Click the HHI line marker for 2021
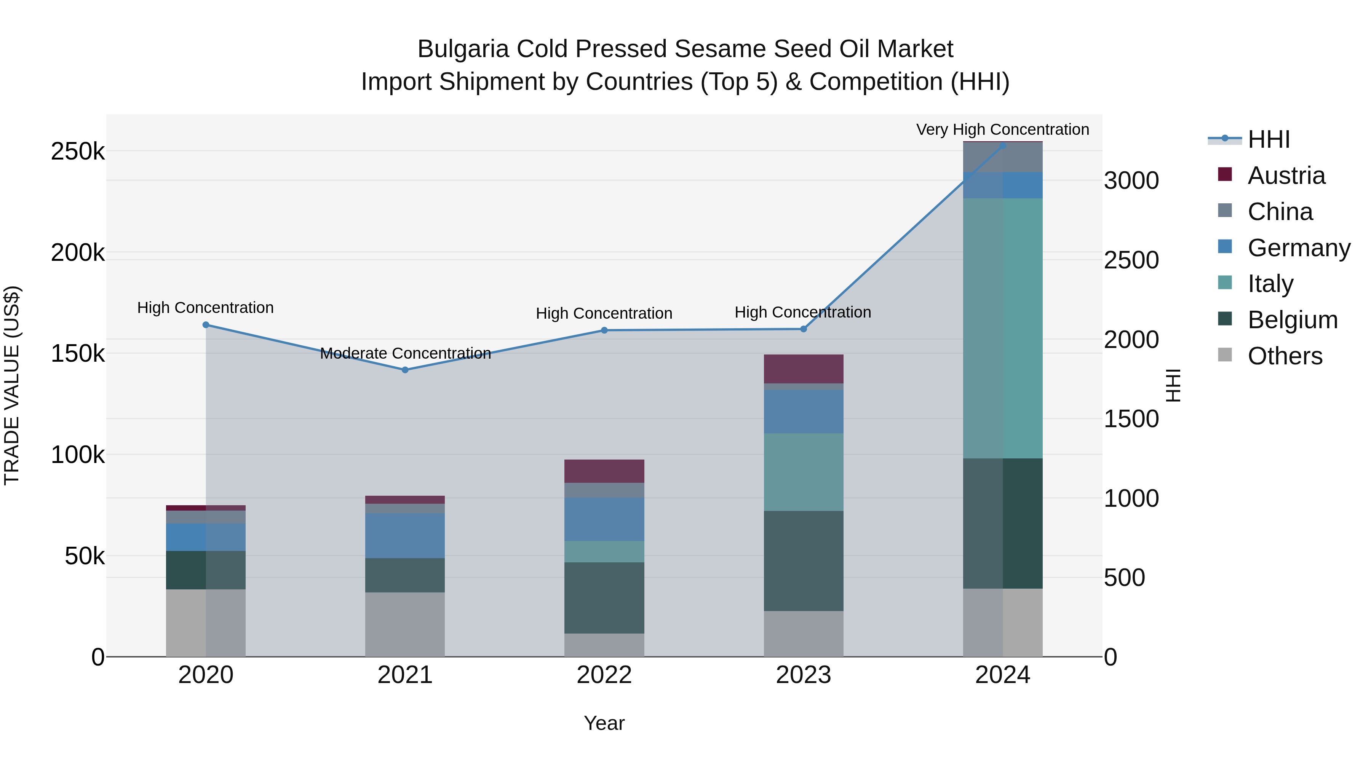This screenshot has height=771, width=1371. pyautogui.click(x=405, y=370)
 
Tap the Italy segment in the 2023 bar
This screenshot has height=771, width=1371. pyautogui.click(x=803, y=472)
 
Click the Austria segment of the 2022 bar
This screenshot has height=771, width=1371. pyautogui.click(x=604, y=471)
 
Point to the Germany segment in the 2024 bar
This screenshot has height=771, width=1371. pyautogui.click(x=1003, y=185)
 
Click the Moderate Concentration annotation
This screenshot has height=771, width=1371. pyautogui.click(x=405, y=353)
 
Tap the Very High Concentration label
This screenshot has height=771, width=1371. pyautogui.click(x=1002, y=129)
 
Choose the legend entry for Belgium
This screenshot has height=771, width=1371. pyautogui.click(x=1292, y=320)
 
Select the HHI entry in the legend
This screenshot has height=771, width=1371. pyautogui.click(x=1268, y=139)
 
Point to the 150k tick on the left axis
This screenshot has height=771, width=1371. pyautogui.click(x=78, y=353)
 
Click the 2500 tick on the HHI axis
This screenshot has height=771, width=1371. pyautogui.click(x=1131, y=260)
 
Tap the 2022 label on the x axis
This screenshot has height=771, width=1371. pyautogui.click(x=604, y=675)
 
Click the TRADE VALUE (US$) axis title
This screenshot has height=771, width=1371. pyautogui.click(x=12, y=385)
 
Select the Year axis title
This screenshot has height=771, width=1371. pyautogui.click(x=604, y=723)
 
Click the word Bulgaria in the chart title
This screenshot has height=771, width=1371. pyautogui.click(x=462, y=49)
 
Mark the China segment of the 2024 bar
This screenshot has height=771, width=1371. pyautogui.click(x=1003, y=158)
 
